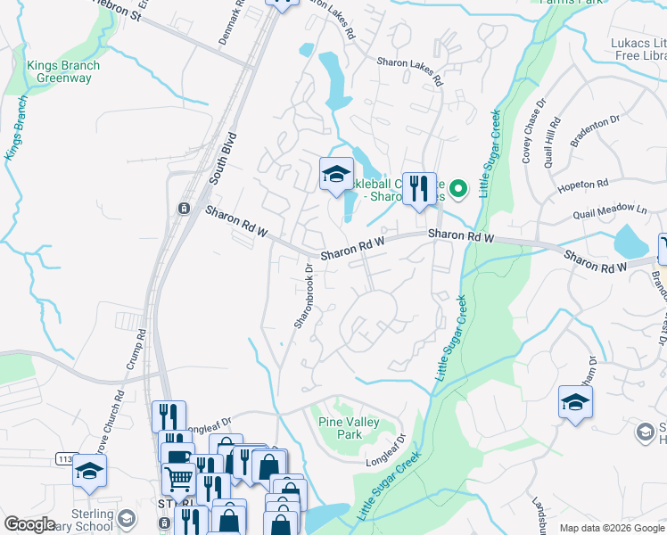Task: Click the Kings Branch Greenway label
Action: point(62,71)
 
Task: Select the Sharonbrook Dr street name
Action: point(304,293)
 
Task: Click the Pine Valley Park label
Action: point(348,428)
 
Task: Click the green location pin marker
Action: point(458,188)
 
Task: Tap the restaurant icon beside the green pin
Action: point(419,189)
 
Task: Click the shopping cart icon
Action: point(178,479)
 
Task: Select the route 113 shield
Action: point(65,458)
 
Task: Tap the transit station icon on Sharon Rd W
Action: point(184,209)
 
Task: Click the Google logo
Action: point(29,524)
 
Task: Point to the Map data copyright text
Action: point(611,528)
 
